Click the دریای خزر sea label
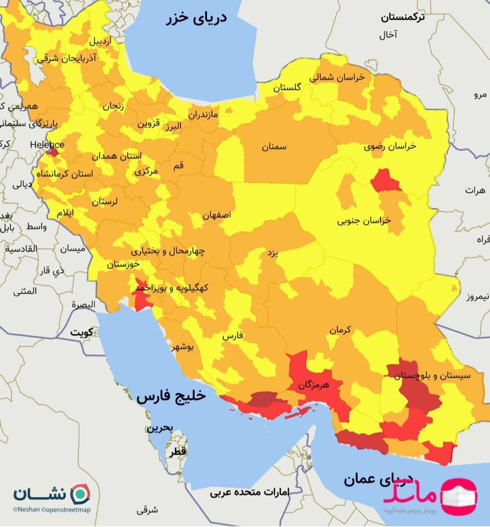196,19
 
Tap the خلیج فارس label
171,396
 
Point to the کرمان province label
340,330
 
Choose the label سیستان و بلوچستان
432,376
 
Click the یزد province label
272,253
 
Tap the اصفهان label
217,215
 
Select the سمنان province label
274,147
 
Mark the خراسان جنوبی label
364,220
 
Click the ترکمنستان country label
403,17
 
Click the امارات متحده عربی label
249,492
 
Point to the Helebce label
47,144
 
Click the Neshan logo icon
79,493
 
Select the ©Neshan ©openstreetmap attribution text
51,510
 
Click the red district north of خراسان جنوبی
386,181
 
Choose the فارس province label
232,336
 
